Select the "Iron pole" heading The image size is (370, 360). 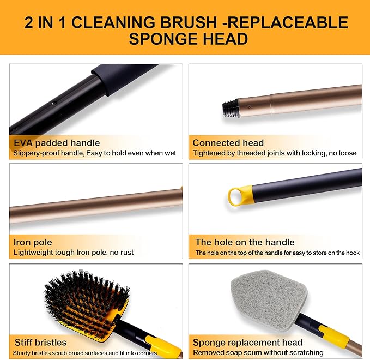[33, 242]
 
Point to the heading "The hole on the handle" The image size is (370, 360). [245, 242]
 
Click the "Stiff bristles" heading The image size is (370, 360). [40, 343]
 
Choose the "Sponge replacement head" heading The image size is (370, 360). [247, 343]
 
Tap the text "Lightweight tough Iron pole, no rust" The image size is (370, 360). [74, 253]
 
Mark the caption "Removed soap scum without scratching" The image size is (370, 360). [258, 352]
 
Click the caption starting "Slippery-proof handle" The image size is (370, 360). [94, 153]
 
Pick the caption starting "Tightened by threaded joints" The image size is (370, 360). [275, 153]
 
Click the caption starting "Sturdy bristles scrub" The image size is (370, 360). [93, 352]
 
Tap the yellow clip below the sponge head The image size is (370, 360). [332, 337]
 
